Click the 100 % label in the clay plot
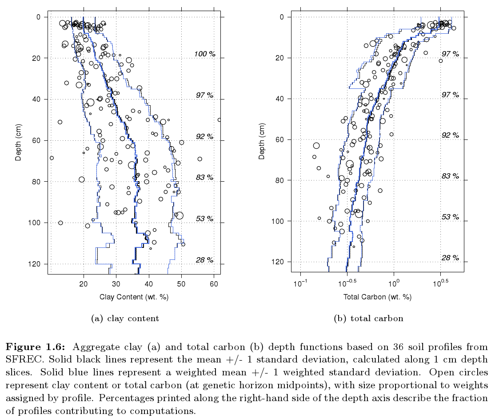pyautogui.click(x=204, y=54)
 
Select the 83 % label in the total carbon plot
pyautogui.click(x=450, y=176)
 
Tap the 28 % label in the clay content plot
pyautogui.click(x=204, y=260)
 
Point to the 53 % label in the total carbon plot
pyautogui.click(x=450, y=217)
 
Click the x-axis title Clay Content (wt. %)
pyautogui.click(x=134, y=297)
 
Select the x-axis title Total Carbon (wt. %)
pyautogui.click(x=377, y=297)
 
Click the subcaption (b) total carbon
pyautogui.click(x=369, y=318)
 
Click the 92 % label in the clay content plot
pyautogui.click(x=204, y=136)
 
